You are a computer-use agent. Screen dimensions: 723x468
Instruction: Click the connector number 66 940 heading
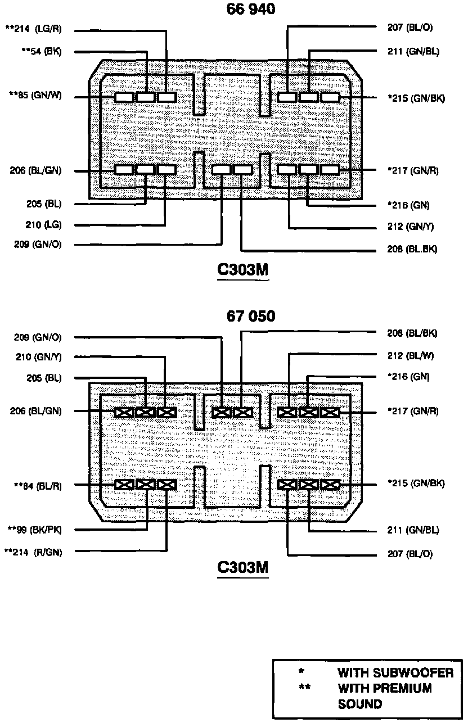251,9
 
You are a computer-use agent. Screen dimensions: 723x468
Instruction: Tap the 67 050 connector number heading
251,317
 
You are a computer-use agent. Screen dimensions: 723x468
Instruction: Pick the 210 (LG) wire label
43,225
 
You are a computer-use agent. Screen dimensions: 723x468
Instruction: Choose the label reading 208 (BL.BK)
412,248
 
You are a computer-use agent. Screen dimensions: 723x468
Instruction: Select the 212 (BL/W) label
411,355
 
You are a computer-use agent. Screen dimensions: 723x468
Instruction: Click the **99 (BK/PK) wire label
37,529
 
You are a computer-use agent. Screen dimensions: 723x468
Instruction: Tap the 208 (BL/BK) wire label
412,333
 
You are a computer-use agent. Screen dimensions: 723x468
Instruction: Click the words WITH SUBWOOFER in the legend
395,673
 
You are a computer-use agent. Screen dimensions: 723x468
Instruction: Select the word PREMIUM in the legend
406,688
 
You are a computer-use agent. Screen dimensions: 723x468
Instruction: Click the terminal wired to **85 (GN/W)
124,97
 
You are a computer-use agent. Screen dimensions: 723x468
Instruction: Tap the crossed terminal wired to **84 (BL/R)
124,485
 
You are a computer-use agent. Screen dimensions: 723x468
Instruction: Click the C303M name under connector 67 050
243,568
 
